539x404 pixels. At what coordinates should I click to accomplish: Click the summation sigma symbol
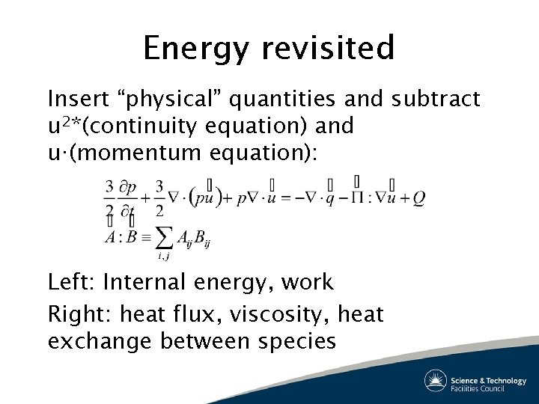pyautogui.click(x=162, y=237)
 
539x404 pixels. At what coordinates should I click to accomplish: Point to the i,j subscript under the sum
pyautogui.click(x=162, y=257)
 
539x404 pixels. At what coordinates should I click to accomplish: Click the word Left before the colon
pyautogui.click(x=70, y=282)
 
